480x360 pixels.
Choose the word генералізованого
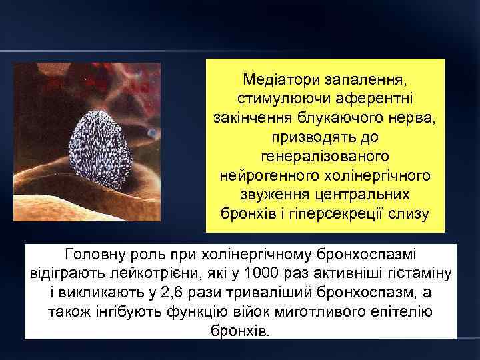(325, 157)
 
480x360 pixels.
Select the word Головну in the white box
(93, 255)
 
